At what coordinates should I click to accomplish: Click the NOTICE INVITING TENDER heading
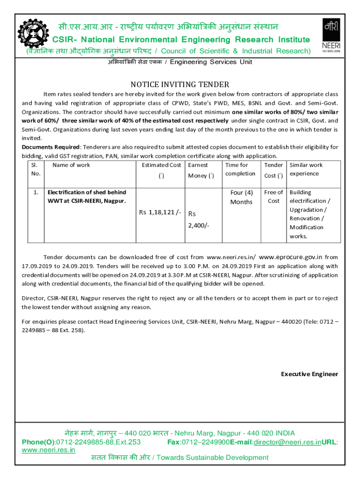[180, 85]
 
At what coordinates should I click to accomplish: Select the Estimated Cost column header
[161, 165]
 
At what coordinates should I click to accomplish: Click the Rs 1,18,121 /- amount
[160, 212]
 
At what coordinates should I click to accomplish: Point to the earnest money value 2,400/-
[199, 225]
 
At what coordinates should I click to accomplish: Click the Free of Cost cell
[274, 196]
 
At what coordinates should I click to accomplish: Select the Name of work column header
[71, 165]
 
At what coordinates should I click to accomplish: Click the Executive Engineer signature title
[309, 374]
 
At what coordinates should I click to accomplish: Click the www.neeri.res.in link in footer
[49, 450]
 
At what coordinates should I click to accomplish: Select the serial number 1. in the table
[36, 192]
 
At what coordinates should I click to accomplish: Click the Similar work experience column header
[306, 169]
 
